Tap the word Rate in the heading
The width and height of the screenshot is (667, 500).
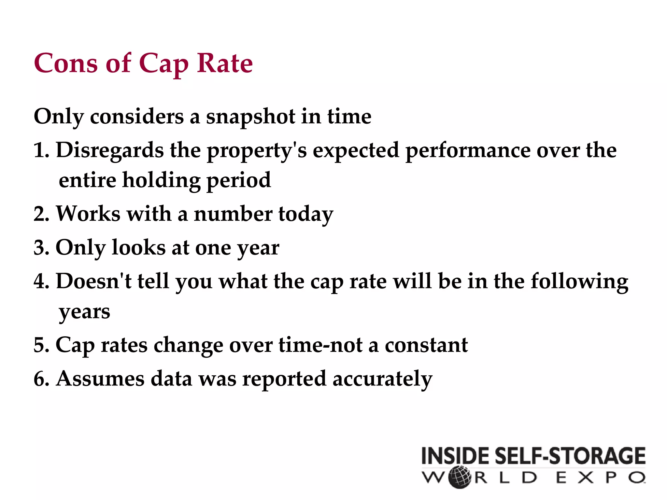coord(225,63)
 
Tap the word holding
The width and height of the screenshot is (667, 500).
coord(161,181)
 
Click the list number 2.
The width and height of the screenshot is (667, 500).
coord(40,215)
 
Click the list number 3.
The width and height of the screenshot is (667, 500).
coord(40,248)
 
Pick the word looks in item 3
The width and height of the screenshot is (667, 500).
coord(138,248)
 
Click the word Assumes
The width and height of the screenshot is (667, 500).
coord(100,379)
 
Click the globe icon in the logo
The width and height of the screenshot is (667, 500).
coord(460,478)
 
